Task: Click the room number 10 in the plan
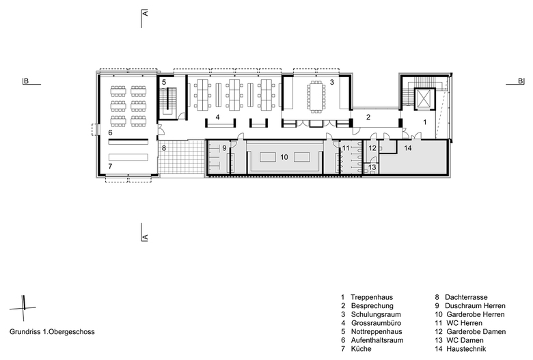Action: click(284, 157)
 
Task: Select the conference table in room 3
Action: click(316, 96)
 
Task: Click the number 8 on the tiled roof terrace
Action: click(163, 148)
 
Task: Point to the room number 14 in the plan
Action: click(408, 148)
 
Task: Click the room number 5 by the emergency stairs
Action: click(163, 82)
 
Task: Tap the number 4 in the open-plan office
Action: click(217, 117)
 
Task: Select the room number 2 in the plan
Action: click(368, 117)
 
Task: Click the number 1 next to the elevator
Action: click(424, 122)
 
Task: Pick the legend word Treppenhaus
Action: click(372, 297)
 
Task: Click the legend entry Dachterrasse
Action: click(466, 297)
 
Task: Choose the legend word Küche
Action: click(361, 349)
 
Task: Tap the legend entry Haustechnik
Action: click(466, 349)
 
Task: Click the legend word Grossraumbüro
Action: click(376, 323)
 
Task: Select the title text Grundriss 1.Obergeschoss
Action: click(52, 332)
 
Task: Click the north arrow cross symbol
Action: click(23, 308)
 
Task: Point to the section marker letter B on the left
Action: click(26, 81)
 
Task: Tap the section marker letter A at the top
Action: click(145, 13)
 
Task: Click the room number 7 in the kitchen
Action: click(110, 167)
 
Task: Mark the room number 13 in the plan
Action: click(372, 167)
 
